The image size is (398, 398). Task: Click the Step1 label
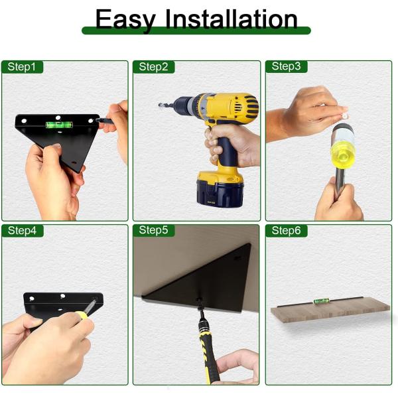(21, 66)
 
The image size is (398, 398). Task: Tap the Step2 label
(153, 66)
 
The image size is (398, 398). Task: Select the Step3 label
(286, 66)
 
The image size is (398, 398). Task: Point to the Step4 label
(21, 230)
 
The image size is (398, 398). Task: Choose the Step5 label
(153, 230)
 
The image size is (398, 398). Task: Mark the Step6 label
(286, 230)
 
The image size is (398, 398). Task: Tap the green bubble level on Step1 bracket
(52, 123)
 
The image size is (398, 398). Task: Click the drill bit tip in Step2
(161, 105)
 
